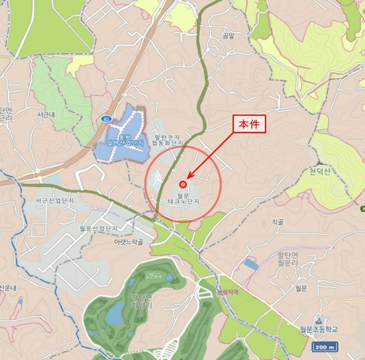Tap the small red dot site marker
point(183,184)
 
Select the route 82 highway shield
point(106,119)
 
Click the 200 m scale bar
point(325,347)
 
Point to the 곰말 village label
point(227,36)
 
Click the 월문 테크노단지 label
point(183,197)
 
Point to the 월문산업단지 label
point(98,228)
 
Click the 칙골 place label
point(277,222)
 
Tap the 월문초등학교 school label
point(319,329)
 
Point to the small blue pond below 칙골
point(251,264)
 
